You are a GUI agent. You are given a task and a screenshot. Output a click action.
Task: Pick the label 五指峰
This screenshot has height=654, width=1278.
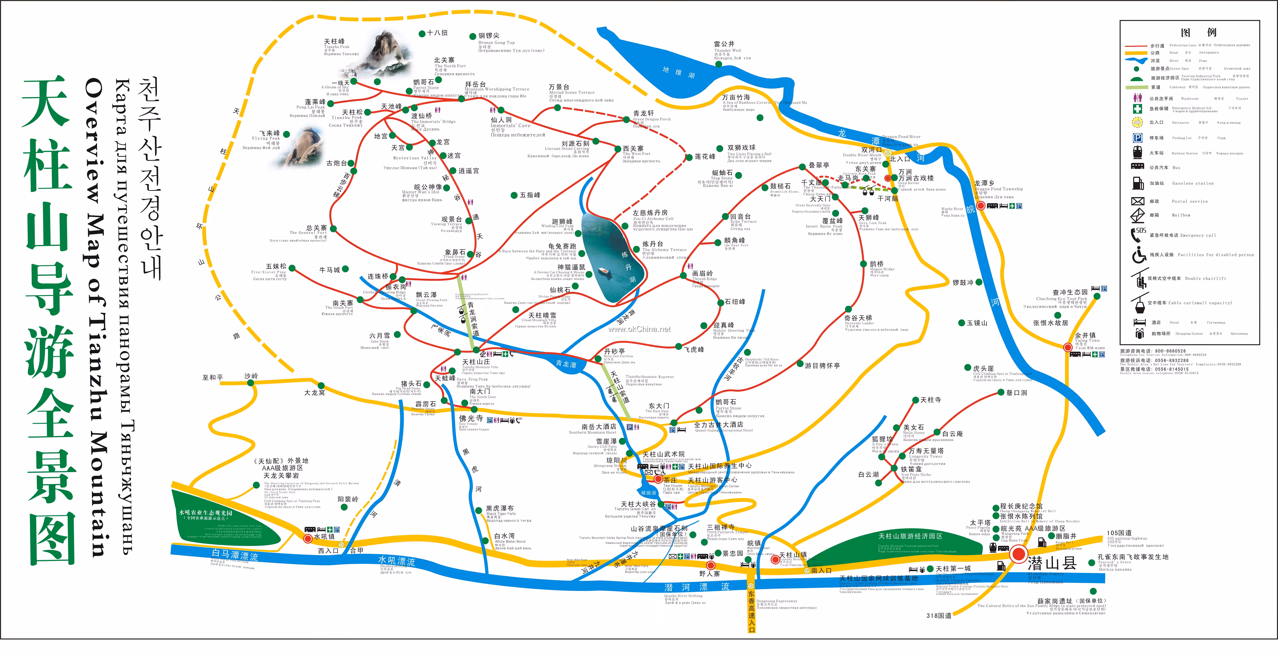(x=530, y=195)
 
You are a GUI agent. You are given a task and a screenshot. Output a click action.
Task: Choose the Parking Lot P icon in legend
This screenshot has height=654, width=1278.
(x=1138, y=138)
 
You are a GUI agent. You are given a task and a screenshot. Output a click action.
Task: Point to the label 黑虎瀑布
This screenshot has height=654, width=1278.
(x=500, y=508)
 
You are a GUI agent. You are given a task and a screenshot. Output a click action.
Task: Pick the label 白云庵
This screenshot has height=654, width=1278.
(x=952, y=434)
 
